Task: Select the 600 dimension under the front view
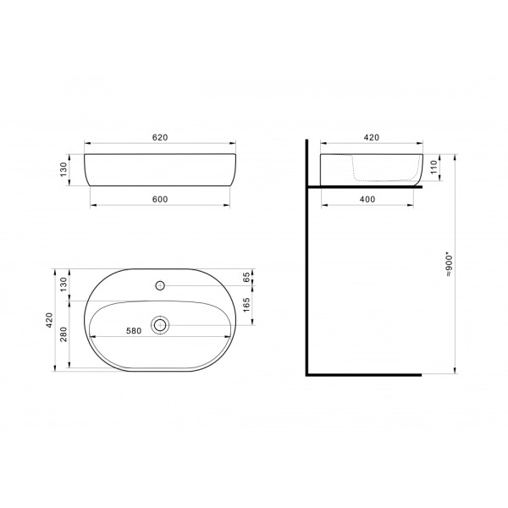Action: point(160,199)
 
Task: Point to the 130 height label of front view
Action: point(63,170)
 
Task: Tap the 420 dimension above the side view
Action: point(371,136)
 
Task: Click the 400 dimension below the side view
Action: point(367,199)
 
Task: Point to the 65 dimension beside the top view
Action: point(246,277)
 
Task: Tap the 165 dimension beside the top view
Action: point(246,305)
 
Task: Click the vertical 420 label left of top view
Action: point(50,320)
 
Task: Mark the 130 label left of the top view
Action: point(63,286)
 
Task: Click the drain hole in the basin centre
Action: point(160,323)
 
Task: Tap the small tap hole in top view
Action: point(160,284)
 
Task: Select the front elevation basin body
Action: point(160,171)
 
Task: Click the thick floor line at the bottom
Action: point(364,373)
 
